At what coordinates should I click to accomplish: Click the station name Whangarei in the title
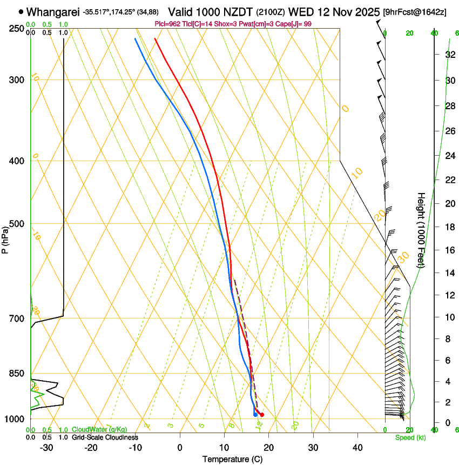coord(53,11)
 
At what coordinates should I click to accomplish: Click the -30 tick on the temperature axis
coord(46,448)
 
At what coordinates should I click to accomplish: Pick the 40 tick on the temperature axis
coord(357,448)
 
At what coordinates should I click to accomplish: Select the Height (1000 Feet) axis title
coord(422,230)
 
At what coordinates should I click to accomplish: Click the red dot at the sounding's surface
coord(262,415)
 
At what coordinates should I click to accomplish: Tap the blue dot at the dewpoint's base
coord(255,415)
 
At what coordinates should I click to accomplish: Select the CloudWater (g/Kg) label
coord(99,430)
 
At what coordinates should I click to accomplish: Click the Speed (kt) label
coord(410,437)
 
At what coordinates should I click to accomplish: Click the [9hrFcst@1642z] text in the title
coord(414,12)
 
